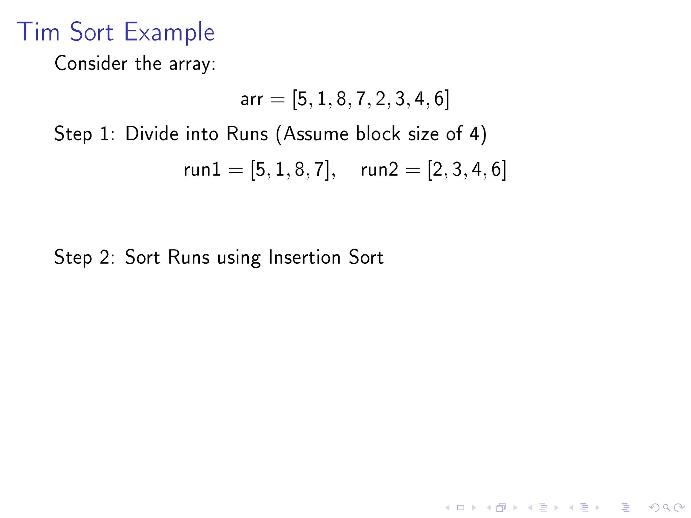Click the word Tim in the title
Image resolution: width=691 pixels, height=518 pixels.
[x=38, y=32]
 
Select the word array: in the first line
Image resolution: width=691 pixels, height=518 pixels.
[x=192, y=64]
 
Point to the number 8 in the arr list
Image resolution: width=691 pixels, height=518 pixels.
[x=341, y=99]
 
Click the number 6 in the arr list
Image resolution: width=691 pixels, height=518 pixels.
[x=439, y=99]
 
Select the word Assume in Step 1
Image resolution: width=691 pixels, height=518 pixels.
[x=315, y=134]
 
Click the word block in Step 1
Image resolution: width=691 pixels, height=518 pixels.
[x=378, y=134]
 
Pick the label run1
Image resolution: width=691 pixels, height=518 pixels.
[x=202, y=169]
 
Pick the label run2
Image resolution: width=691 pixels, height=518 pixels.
[x=379, y=169]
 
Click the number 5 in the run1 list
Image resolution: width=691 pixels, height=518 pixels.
[x=260, y=169]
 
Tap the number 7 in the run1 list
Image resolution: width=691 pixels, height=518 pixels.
[x=319, y=169]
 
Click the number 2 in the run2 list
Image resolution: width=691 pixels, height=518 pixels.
[x=438, y=169]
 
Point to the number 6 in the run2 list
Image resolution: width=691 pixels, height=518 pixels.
[x=496, y=169]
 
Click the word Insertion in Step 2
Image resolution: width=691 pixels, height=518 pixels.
[x=304, y=257]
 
